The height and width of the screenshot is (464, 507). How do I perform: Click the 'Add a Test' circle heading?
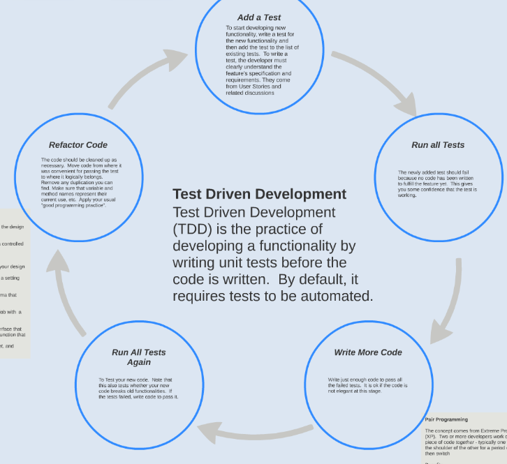click(x=259, y=17)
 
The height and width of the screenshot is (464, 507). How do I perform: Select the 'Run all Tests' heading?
click(x=438, y=145)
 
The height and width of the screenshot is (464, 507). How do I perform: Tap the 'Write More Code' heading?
click(x=368, y=352)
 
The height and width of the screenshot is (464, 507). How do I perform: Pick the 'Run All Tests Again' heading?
click(x=139, y=357)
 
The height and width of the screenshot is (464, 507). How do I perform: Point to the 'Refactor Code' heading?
click(x=78, y=145)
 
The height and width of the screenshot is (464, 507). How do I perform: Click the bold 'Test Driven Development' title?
click(x=259, y=194)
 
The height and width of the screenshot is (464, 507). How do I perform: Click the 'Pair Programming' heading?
click(x=446, y=419)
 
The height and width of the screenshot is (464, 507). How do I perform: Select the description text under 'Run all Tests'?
click(x=438, y=184)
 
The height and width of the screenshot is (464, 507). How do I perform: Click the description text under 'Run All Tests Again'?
click(x=138, y=388)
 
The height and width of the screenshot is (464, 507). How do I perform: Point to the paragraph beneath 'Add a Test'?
click(x=259, y=60)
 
